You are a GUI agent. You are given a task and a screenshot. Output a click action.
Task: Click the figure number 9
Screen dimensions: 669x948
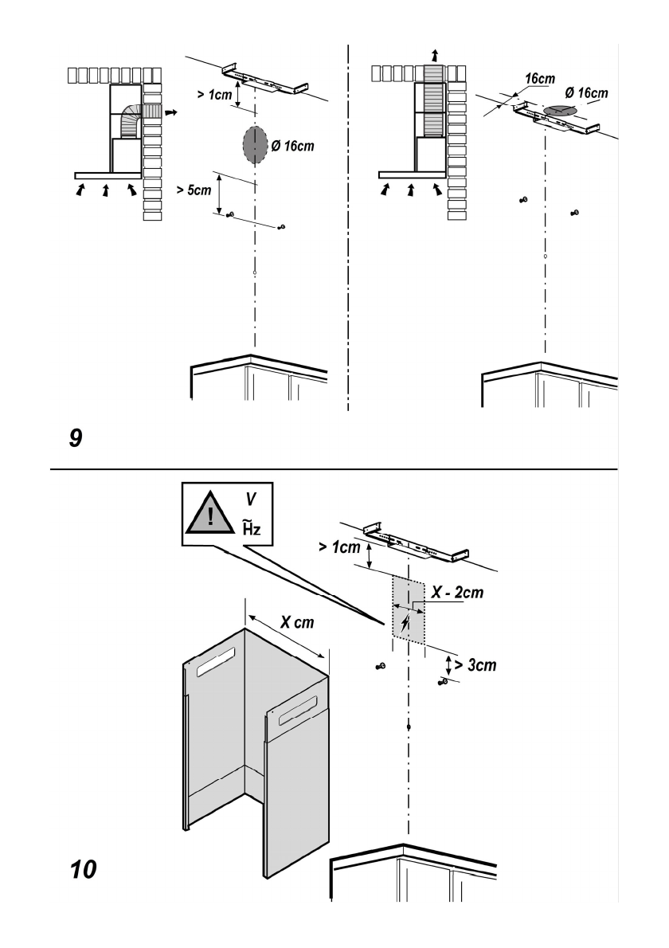click(76, 437)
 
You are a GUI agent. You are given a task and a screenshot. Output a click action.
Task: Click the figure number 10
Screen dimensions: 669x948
click(84, 869)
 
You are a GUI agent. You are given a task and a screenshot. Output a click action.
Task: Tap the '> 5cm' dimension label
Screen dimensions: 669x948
click(194, 190)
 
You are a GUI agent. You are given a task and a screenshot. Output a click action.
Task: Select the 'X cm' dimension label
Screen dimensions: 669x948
click(297, 621)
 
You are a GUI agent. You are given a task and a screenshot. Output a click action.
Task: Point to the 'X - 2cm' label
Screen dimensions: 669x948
click(457, 592)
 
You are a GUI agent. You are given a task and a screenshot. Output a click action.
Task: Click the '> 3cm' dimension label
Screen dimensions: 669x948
click(475, 665)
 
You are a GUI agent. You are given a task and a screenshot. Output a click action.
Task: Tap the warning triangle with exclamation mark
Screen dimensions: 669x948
click(209, 513)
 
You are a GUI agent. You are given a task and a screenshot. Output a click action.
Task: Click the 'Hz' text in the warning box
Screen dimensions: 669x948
click(252, 528)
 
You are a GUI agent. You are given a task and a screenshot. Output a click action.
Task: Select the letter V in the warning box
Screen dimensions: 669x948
click(251, 499)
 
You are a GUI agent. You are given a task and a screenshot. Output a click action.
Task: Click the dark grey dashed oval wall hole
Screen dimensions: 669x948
click(255, 145)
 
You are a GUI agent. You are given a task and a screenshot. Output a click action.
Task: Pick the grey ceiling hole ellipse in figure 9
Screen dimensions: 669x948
click(559, 111)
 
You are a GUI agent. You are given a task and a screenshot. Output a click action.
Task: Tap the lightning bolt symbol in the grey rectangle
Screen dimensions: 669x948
click(405, 622)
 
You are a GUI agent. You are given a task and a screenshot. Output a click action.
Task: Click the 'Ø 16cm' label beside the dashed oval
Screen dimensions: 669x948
click(292, 146)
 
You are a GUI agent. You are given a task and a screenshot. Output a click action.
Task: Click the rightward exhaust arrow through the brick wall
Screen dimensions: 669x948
click(172, 112)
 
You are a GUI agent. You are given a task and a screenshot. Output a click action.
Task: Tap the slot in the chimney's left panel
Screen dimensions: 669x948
click(215, 661)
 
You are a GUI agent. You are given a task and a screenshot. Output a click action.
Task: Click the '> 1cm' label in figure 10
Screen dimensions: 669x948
click(339, 547)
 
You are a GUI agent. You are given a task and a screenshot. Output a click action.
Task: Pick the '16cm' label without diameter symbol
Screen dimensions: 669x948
click(540, 79)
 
